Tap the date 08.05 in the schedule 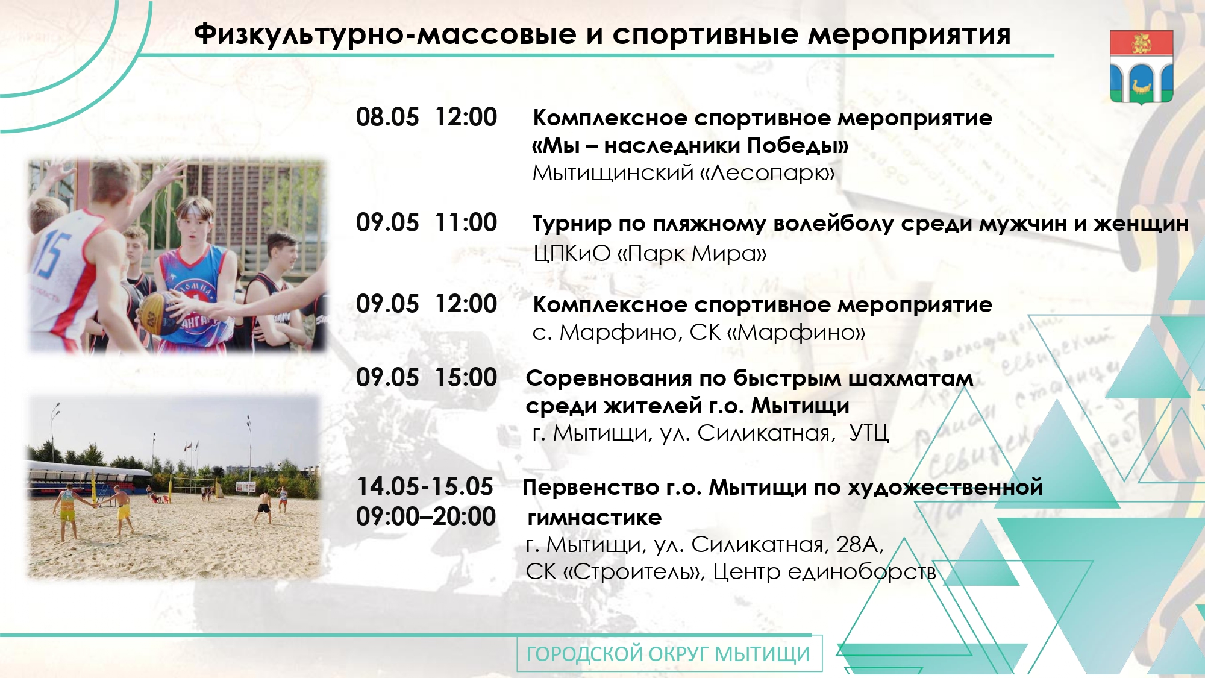coord(387,117)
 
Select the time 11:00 coord(466,222)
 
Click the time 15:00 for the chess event coord(466,377)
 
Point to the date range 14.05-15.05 coord(425,486)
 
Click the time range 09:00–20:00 coord(426,516)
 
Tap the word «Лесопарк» coord(768,173)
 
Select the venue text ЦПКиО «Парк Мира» coord(650,253)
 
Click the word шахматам coord(911,378)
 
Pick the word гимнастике coord(595,517)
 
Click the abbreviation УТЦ coord(869,433)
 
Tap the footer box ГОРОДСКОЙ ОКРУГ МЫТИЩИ coord(669,654)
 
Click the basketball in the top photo coord(157,309)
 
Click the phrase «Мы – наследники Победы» coord(690,145)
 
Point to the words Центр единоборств coord(824,571)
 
